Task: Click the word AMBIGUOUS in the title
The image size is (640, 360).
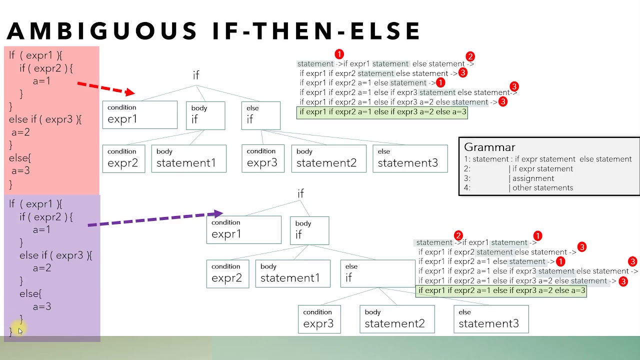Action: [x=102, y=31]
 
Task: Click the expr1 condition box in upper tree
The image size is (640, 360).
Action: [x=139, y=115]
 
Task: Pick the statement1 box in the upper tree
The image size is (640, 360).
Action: [x=188, y=158]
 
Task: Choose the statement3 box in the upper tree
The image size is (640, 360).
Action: [x=410, y=158]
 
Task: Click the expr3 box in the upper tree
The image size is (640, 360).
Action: [x=262, y=158]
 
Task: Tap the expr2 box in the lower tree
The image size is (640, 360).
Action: [x=227, y=273]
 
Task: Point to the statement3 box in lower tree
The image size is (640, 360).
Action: [x=491, y=319]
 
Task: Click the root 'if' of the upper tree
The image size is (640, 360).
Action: [x=196, y=75]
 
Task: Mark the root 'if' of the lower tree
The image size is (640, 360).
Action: [x=300, y=193]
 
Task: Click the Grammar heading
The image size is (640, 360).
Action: [x=489, y=147]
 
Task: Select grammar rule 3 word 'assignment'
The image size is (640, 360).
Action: [x=533, y=178]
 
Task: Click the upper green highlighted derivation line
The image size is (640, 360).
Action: [x=382, y=112]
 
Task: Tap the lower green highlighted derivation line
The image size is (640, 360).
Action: [x=501, y=290]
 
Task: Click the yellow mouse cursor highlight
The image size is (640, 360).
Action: [x=19, y=330]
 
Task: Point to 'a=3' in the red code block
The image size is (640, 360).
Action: [x=21, y=171]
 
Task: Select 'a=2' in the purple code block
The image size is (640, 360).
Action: [x=42, y=268]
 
